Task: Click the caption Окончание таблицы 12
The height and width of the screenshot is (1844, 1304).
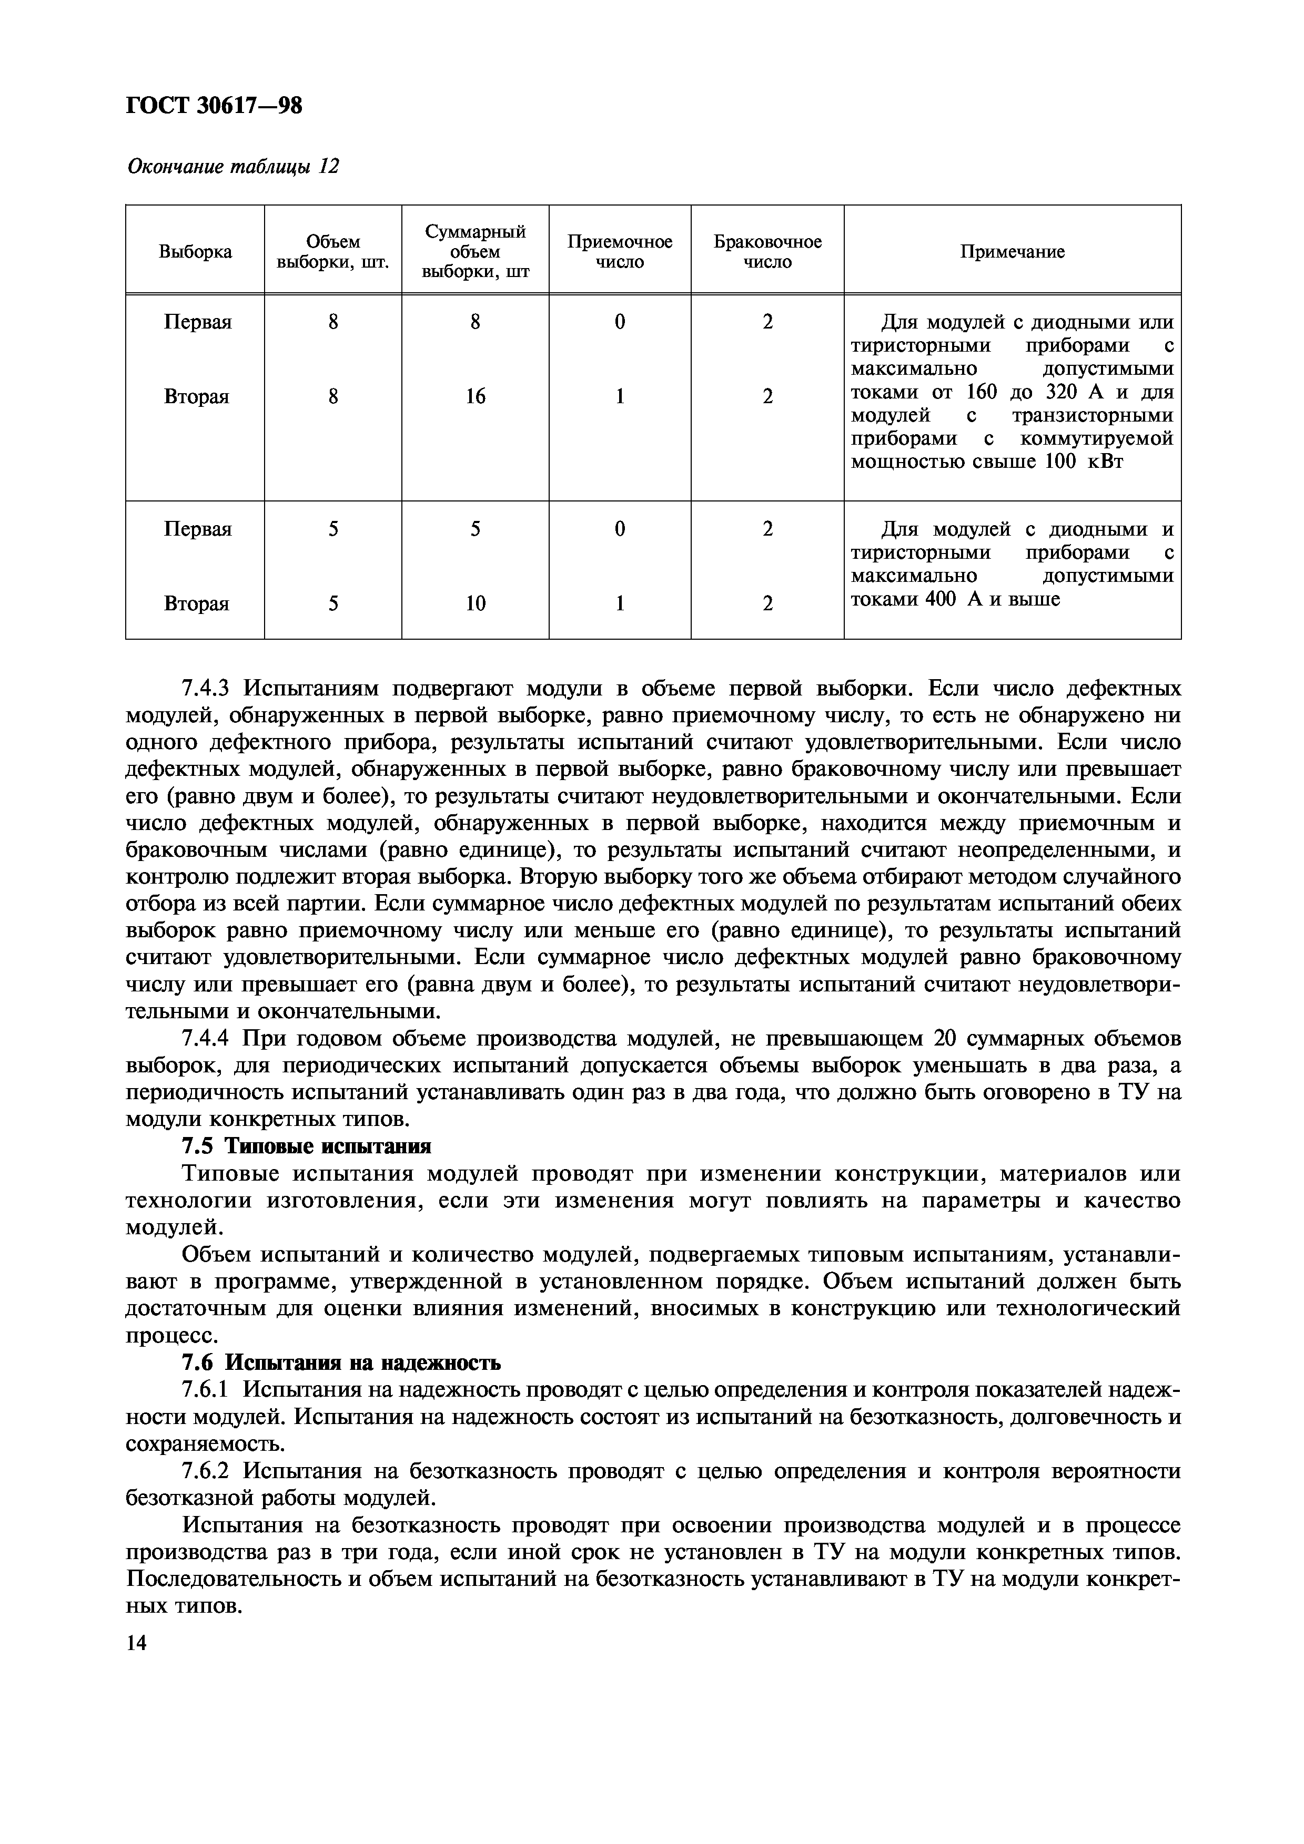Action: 233,166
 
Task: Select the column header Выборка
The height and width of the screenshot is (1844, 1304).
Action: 195,251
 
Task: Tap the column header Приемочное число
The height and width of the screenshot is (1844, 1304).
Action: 620,251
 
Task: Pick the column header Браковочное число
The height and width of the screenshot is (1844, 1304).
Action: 767,251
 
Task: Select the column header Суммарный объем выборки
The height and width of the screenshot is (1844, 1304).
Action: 476,251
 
